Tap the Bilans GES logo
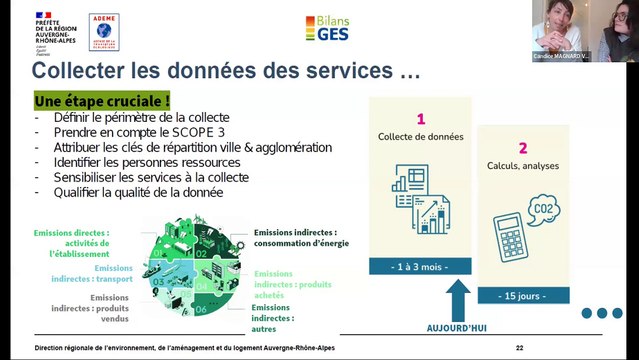tap(327, 28)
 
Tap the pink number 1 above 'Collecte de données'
tap(420, 118)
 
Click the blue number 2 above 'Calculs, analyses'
tap(522, 147)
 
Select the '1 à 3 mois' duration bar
tap(420, 266)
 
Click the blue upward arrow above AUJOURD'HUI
tap(457, 298)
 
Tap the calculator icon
tap(509, 239)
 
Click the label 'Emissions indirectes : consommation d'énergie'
tap(300, 237)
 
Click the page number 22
tap(519, 348)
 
